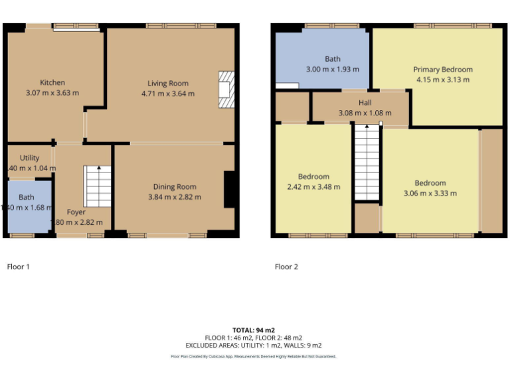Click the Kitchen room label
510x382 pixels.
pyautogui.click(x=52, y=83)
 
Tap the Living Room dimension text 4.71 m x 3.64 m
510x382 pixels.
pyautogui.click(x=168, y=94)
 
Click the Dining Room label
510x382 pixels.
pyautogui.click(x=175, y=187)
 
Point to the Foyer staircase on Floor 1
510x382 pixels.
pyautogui.click(x=98, y=186)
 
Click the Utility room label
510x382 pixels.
pyautogui.click(x=29, y=159)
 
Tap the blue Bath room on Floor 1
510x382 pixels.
pyautogui.click(x=27, y=206)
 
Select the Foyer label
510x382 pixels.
pyautogui.click(x=76, y=212)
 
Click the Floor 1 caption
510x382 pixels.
pyautogui.click(x=18, y=267)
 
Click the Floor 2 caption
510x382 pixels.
pyautogui.click(x=286, y=267)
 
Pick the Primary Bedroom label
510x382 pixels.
pyautogui.click(x=443, y=70)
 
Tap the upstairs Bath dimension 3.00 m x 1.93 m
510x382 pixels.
pyautogui.click(x=332, y=69)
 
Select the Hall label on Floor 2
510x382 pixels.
pyautogui.click(x=365, y=103)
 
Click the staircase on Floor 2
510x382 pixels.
pyautogui.click(x=366, y=162)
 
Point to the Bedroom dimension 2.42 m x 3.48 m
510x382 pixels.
pyautogui.click(x=313, y=187)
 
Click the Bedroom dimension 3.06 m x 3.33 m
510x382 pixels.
pyautogui.click(x=430, y=193)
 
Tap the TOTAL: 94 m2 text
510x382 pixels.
pyautogui.click(x=253, y=330)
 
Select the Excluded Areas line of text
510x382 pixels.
pyautogui.click(x=253, y=345)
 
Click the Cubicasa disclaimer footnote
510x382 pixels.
pyautogui.click(x=253, y=357)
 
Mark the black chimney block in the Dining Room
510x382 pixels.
pyautogui.click(x=230, y=190)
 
